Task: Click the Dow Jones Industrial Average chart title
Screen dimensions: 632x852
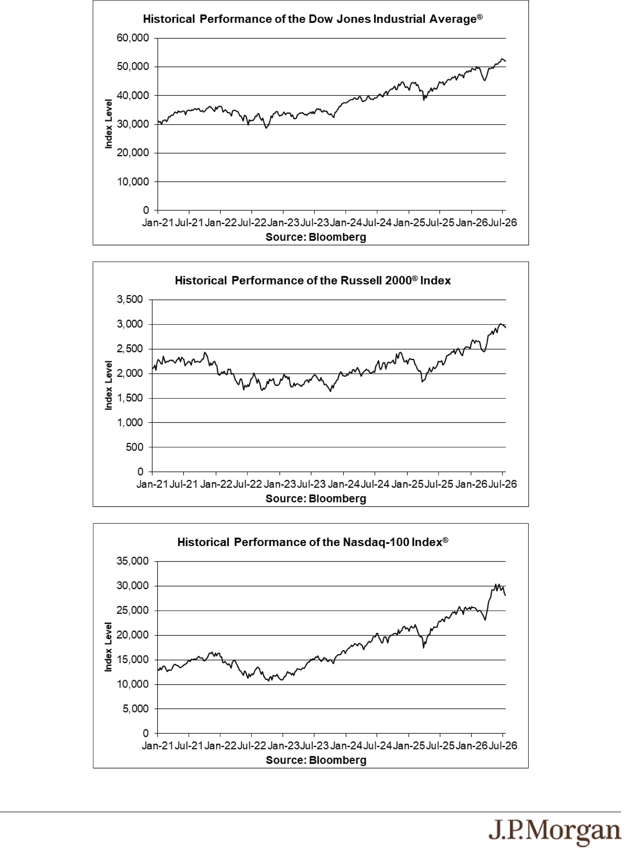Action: [x=313, y=19]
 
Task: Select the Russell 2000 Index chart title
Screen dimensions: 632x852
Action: [x=313, y=281]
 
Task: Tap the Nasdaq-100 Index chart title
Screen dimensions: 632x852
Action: [x=313, y=542]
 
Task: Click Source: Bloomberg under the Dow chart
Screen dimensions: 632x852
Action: [x=316, y=237]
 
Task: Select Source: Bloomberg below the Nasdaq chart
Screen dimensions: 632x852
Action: [x=316, y=760]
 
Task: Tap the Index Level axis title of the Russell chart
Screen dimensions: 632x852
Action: [x=109, y=385]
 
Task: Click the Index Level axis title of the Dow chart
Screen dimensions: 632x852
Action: [x=109, y=124]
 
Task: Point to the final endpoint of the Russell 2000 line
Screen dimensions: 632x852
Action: [x=505, y=327]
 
